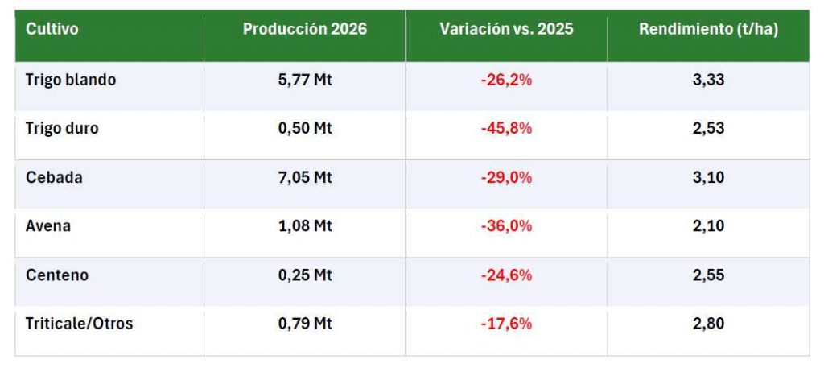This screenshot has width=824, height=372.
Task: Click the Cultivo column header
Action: click(x=52, y=29)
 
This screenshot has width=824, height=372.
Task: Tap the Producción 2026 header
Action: click(x=305, y=29)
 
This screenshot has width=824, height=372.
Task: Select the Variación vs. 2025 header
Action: click(x=507, y=29)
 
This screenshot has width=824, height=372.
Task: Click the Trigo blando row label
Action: click(x=71, y=80)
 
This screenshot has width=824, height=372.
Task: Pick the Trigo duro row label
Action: click(x=62, y=128)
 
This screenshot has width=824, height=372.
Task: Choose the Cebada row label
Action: click(x=54, y=177)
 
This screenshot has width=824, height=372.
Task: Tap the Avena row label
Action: click(x=48, y=226)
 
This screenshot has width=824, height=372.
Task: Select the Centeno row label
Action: click(x=57, y=275)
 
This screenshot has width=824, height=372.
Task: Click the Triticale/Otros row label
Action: click(x=80, y=324)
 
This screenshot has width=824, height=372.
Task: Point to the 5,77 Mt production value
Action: click(x=305, y=80)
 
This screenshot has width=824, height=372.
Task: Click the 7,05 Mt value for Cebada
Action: click(x=305, y=177)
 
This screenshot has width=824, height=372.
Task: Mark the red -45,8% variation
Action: click(x=507, y=128)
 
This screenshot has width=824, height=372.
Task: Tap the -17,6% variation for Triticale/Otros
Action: click(x=507, y=324)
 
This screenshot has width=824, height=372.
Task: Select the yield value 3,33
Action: click(x=708, y=80)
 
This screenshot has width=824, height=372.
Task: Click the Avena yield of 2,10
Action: click(x=708, y=226)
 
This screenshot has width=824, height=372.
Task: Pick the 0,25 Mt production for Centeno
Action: click(x=305, y=275)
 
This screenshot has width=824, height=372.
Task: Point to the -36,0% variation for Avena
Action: click(x=507, y=226)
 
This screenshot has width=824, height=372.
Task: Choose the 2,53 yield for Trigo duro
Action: click(x=708, y=128)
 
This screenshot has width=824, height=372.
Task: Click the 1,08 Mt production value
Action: click(x=305, y=226)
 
